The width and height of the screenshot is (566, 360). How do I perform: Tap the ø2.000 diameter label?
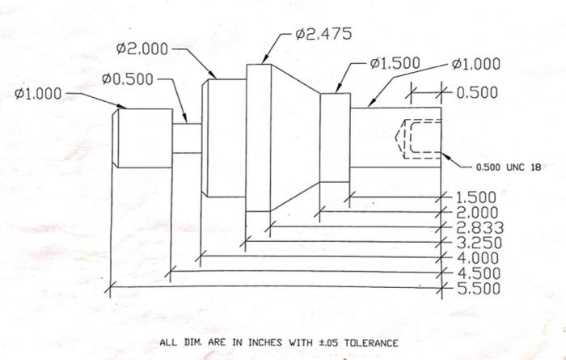141,49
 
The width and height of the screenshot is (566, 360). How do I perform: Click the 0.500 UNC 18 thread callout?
507,167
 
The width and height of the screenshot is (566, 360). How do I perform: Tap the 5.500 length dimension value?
478,288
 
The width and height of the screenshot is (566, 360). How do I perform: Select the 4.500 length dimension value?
478,273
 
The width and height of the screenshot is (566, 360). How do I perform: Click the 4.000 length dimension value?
478,258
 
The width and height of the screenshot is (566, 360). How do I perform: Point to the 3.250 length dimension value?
478,243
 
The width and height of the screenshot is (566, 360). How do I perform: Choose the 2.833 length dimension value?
478,227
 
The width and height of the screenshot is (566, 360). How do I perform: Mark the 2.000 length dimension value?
478,212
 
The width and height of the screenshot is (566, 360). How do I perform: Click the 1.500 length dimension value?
478,197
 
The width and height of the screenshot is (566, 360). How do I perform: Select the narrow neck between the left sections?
186,137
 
